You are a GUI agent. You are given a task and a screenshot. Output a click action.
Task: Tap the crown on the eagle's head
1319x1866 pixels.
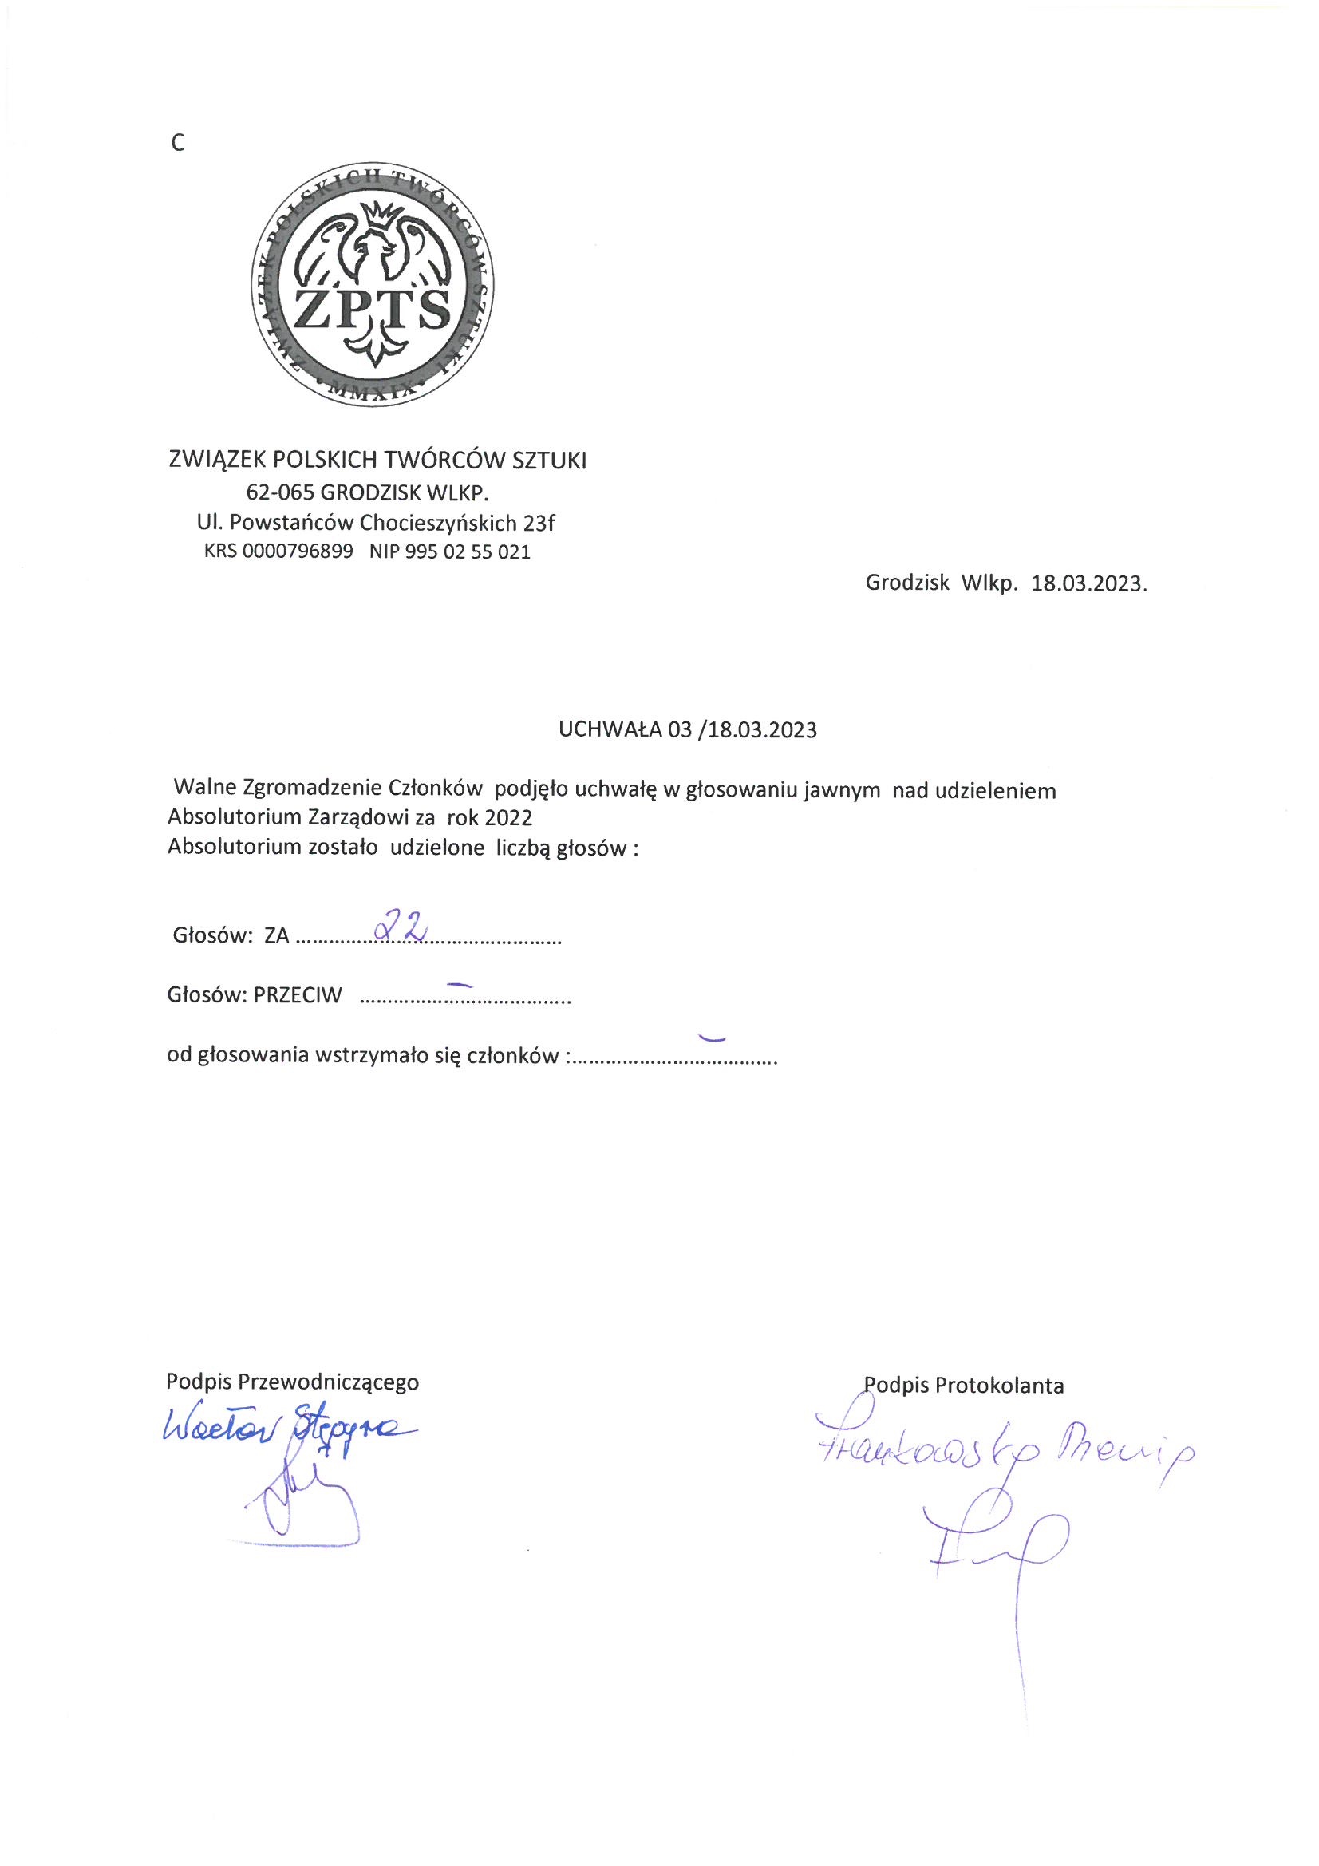(376, 215)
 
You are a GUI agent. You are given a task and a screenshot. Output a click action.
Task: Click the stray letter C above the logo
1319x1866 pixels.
(178, 144)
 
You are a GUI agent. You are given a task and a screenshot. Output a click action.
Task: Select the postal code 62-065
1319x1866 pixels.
(281, 492)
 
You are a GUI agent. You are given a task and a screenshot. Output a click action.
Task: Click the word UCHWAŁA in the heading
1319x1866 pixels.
(610, 729)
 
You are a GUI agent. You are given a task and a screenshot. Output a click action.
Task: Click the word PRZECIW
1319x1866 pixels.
(298, 995)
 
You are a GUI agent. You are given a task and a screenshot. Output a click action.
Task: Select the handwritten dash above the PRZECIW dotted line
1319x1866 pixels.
(460, 983)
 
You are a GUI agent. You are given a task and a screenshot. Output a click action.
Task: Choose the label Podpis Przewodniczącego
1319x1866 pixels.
(293, 1382)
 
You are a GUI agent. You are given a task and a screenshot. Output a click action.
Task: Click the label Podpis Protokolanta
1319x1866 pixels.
(964, 1385)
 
